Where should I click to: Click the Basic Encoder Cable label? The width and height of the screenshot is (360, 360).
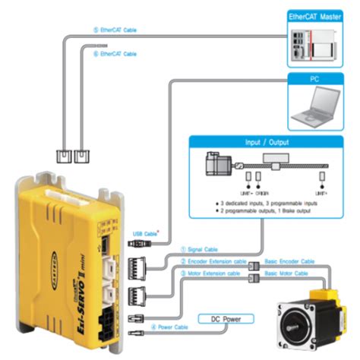click(x=289, y=261)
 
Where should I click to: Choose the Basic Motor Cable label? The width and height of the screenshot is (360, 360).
click(x=286, y=273)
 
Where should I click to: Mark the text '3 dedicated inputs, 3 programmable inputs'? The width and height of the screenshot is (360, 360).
click(x=269, y=206)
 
